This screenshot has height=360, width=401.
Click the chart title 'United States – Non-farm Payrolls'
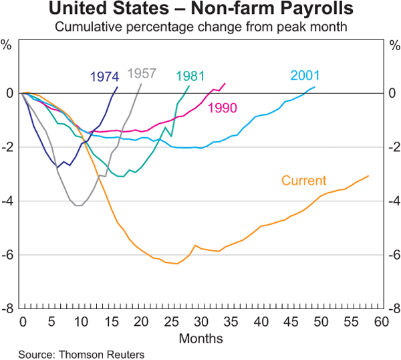(200, 11)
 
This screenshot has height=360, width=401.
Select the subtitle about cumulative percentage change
(200, 27)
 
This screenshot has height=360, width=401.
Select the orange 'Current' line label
(303, 180)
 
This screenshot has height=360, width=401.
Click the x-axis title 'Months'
(200, 339)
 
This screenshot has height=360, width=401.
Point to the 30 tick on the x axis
(200, 322)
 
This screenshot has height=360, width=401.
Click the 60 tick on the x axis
(380, 322)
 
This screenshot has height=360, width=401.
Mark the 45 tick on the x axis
(291, 322)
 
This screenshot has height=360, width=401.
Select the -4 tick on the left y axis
(9, 201)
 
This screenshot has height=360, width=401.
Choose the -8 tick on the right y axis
(393, 308)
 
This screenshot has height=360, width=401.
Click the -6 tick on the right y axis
(393, 255)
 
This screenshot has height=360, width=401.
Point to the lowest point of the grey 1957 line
(79, 205)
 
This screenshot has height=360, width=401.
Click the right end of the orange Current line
(369, 176)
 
